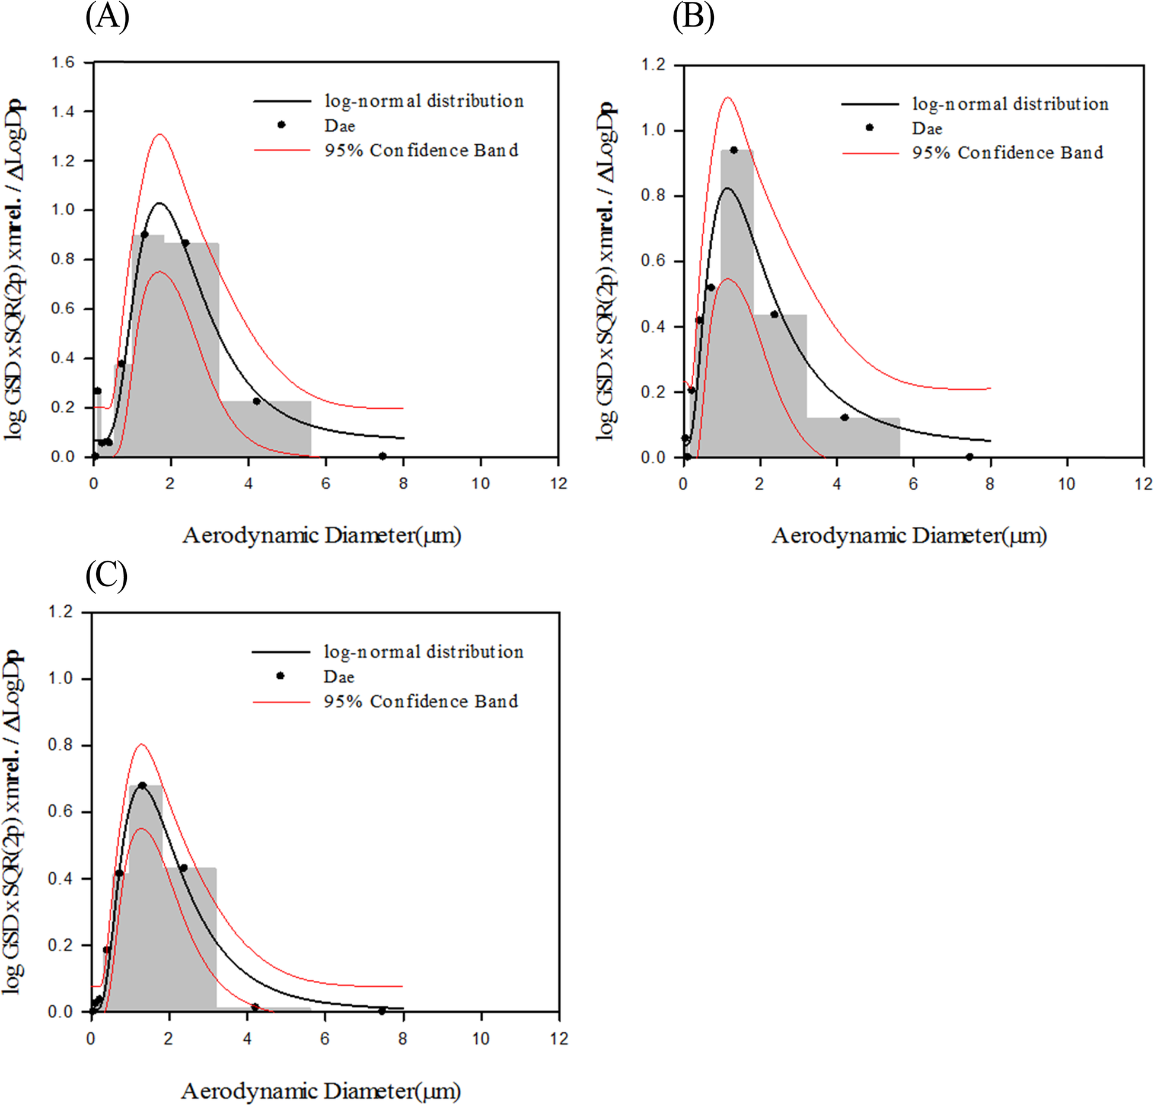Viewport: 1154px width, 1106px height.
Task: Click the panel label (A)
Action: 107,16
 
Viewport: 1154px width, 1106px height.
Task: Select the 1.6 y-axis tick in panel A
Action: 62,62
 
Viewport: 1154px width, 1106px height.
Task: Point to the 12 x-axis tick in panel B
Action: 1143,484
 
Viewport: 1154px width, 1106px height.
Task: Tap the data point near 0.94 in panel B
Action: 734,150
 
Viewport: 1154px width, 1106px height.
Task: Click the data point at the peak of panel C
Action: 142,785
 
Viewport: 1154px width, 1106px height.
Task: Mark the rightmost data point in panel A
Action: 382,456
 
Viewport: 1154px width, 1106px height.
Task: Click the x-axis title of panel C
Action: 320,1090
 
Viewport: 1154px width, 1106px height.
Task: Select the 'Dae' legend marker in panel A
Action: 282,125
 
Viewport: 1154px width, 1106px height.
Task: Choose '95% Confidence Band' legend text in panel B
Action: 1008,152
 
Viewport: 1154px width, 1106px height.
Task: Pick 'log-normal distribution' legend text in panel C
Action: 423,651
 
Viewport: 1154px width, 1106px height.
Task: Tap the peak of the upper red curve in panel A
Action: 160,135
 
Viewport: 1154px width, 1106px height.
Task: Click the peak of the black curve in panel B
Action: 727,188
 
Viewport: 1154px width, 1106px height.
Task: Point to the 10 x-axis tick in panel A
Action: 480,483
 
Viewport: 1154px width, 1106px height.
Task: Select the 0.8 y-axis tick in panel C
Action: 60,745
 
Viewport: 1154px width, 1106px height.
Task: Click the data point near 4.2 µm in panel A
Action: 256,401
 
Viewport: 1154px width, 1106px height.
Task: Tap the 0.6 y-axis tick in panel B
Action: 653,261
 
